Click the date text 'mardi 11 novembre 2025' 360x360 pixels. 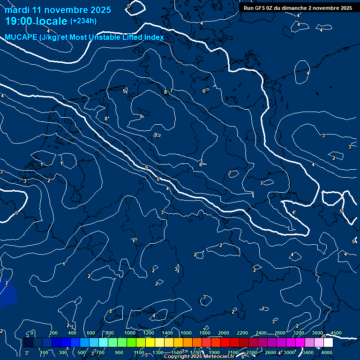[58, 10]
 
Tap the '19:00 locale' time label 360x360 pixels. [36, 21]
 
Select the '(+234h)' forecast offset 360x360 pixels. [83, 21]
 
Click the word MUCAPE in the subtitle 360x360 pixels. [21, 37]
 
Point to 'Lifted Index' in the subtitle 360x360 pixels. [143, 37]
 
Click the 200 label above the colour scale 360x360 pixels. [53, 333]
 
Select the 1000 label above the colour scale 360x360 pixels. [130, 333]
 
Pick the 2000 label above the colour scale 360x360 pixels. [224, 333]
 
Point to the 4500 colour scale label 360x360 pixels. [336, 333]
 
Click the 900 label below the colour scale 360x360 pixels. [119, 352]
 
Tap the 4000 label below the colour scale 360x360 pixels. [327, 352]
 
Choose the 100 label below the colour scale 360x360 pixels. [45, 352]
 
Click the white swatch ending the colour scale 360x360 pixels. [328, 343]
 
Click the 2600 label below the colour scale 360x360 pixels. [270, 352]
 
